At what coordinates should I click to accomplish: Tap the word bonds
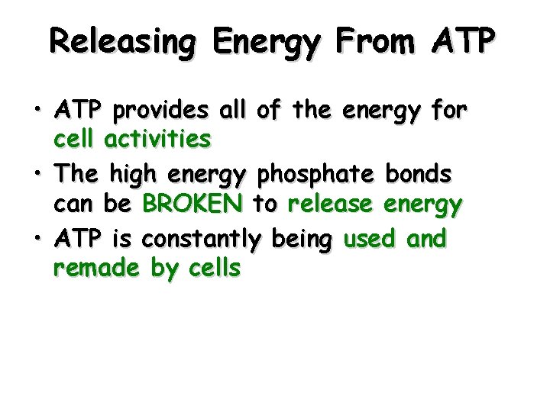[x=419, y=175]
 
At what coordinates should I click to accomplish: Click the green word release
[x=330, y=204]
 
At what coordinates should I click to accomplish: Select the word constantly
[x=201, y=240]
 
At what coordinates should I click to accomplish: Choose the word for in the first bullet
[x=449, y=111]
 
